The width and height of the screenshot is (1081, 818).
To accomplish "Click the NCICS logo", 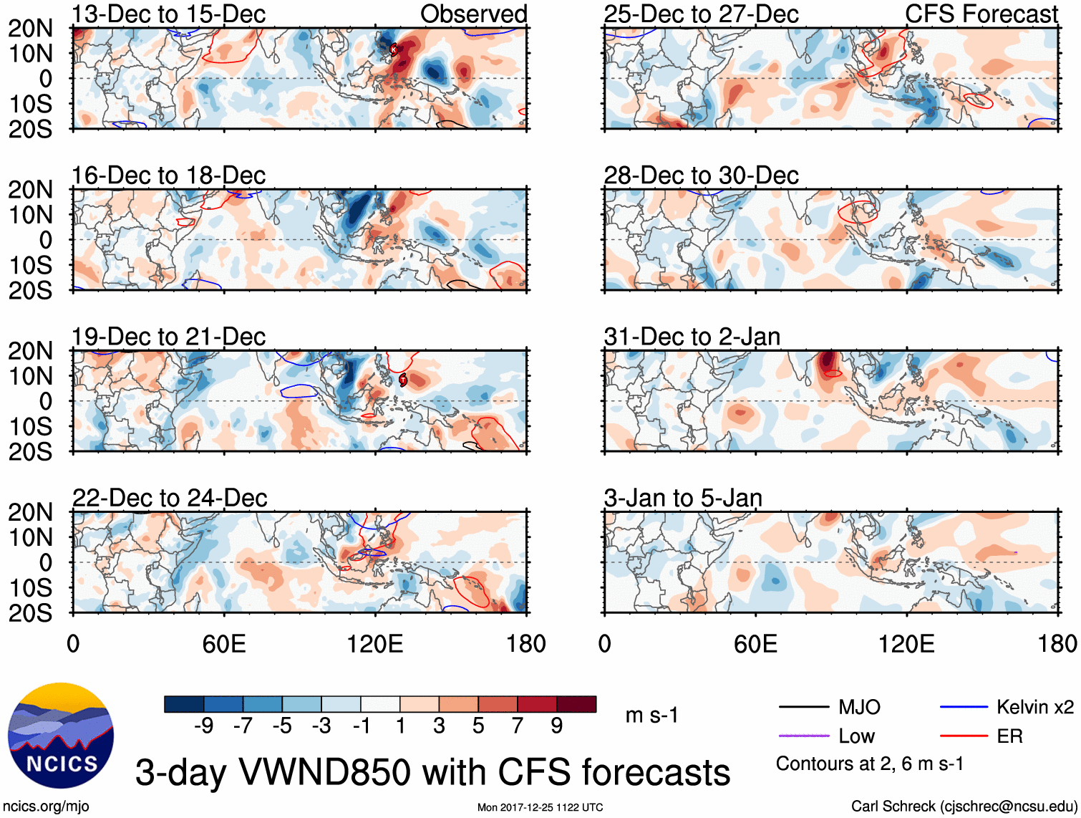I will [61, 736].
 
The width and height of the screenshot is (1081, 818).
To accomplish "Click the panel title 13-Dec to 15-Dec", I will [168, 14].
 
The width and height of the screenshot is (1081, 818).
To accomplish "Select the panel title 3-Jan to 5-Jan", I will [683, 498].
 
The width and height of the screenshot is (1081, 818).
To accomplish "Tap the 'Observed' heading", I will [473, 14].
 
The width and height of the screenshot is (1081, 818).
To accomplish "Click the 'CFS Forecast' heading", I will [981, 14].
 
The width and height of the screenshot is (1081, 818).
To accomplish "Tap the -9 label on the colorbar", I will [204, 726].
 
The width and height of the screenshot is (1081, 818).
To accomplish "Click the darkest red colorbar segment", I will [576, 704].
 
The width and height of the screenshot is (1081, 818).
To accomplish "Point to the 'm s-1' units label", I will [651, 716].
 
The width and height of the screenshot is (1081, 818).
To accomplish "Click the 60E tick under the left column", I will [224, 644].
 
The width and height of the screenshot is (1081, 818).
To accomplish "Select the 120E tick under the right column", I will [906, 644].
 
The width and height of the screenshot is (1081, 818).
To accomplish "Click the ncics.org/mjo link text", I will [46, 807].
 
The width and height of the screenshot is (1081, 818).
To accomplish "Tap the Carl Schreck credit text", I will [964, 807].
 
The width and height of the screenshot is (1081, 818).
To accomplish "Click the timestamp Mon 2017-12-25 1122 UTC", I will [540, 807].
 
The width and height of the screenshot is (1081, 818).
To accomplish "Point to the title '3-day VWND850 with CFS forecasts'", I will [432, 772].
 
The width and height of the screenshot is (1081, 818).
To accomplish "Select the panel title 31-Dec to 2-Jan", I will [692, 337].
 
